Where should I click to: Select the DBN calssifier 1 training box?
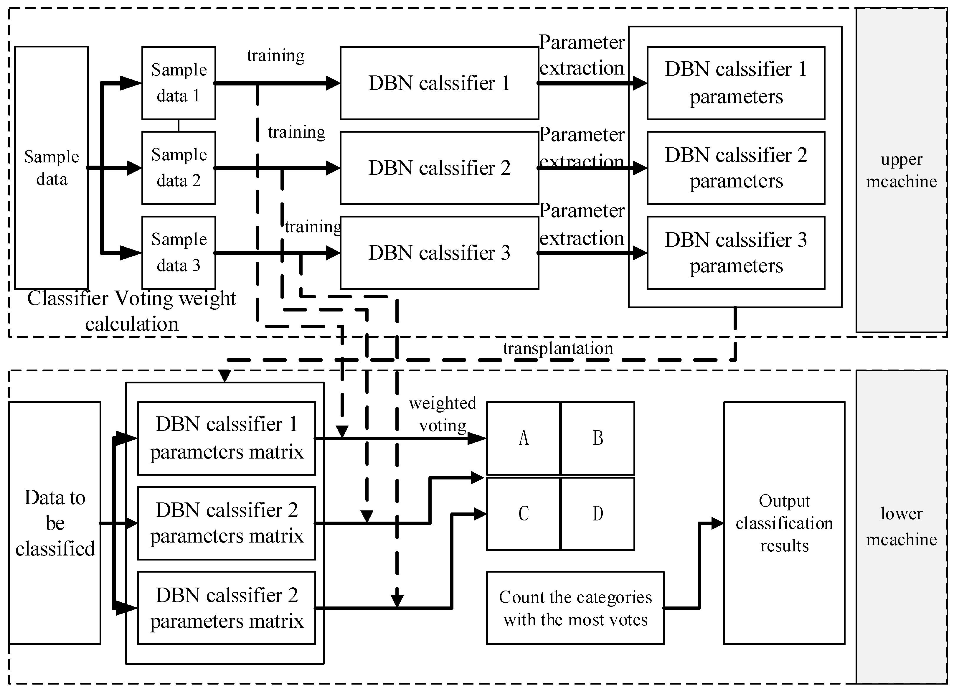(x=439, y=83)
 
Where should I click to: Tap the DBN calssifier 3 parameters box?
(x=736, y=253)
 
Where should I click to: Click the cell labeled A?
(x=524, y=438)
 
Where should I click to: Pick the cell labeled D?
(x=598, y=514)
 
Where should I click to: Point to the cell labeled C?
(x=524, y=514)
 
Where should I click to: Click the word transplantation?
(x=558, y=349)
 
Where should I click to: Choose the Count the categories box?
(x=575, y=608)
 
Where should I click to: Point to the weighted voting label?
(x=443, y=414)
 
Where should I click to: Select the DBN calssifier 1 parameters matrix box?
(x=227, y=438)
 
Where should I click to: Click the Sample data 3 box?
(x=179, y=253)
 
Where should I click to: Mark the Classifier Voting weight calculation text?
(x=132, y=311)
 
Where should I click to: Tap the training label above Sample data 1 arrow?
(x=275, y=55)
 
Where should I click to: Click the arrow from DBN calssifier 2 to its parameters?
(x=589, y=168)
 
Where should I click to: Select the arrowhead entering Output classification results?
(x=717, y=523)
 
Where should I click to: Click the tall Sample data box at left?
(x=51, y=167)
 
